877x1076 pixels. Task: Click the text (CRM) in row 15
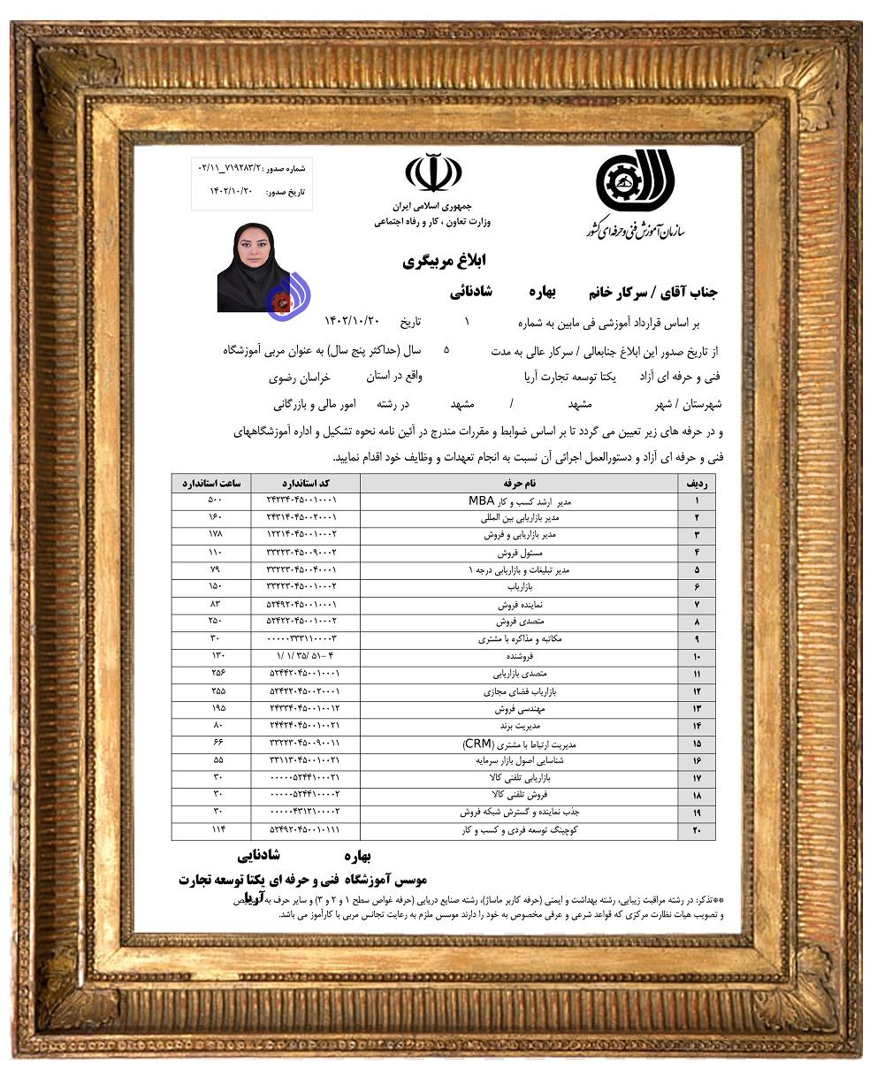click(477, 743)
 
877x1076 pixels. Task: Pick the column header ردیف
click(697, 484)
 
